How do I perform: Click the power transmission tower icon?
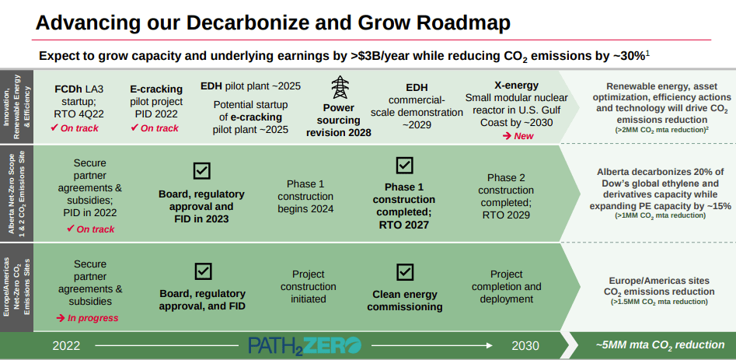pyautogui.click(x=340, y=86)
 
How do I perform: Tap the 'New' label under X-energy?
pyautogui.click(x=518, y=136)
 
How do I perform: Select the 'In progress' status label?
pyautogui.click(x=87, y=318)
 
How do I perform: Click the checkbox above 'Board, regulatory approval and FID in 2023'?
pyautogui.click(x=201, y=170)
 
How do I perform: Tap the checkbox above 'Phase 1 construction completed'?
pyautogui.click(x=404, y=165)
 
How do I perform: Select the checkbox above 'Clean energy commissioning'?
pyautogui.click(x=404, y=271)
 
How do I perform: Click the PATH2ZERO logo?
pyautogui.click(x=305, y=345)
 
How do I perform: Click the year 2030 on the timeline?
pyautogui.click(x=525, y=345)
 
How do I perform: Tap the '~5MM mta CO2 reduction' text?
pyautogui.click(x=660, y=344)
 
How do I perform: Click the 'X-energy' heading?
pyautogui.click(x=517, y=84)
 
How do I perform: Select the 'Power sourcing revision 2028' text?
pyautogui.click(x=339, y=121)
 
